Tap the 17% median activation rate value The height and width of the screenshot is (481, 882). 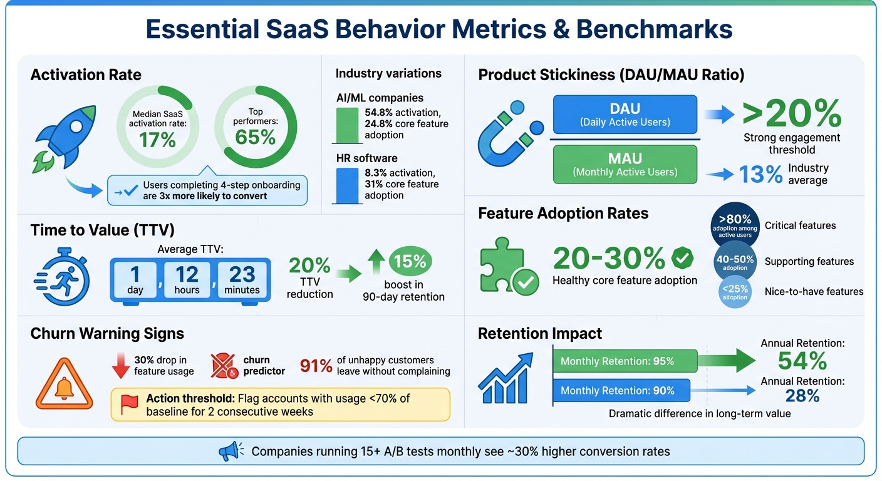(x=157, y=138)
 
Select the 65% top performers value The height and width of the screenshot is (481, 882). (x=255, y=137)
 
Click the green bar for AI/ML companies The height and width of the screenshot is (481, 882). (x=346, y=125)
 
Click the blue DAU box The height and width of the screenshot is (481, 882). (x=625, y=115)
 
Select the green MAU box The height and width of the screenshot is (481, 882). (x=625, y=165)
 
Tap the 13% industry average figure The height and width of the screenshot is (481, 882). (x=760, y=174)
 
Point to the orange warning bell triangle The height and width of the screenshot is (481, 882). (x=64, y=383)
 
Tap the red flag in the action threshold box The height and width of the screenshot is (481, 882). (x=129, y=404)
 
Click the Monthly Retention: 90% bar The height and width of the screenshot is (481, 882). (x=621, y=390)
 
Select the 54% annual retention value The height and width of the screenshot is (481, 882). (x=802, y=361)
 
